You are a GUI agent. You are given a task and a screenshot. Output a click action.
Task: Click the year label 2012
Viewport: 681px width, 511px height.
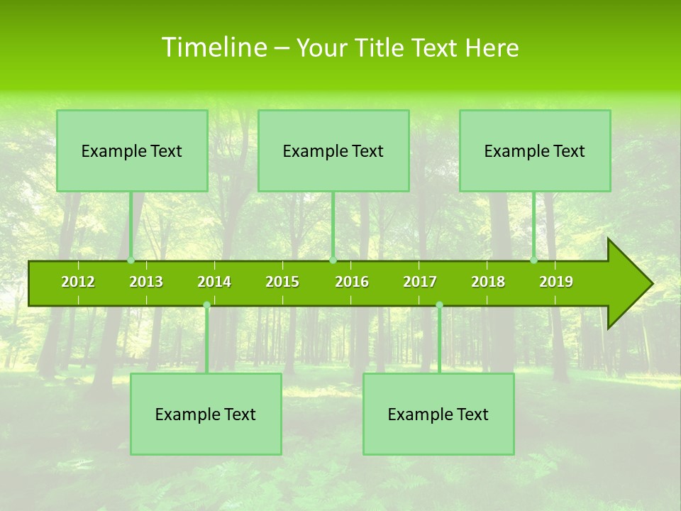78,282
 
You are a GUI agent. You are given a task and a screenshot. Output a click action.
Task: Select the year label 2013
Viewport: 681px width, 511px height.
146,282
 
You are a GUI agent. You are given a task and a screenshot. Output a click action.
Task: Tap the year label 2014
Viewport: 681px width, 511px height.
214,282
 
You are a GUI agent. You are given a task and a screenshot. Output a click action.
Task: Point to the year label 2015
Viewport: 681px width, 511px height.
282,282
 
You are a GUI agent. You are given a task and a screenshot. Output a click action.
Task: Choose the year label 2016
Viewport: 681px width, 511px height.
352,282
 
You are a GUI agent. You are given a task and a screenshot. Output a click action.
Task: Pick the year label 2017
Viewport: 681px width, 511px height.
420,282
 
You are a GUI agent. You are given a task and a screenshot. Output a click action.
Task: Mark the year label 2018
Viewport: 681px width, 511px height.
488,282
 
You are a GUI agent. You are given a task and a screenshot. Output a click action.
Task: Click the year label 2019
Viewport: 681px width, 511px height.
556,282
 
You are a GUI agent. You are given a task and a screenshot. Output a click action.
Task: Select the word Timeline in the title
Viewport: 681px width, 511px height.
214,48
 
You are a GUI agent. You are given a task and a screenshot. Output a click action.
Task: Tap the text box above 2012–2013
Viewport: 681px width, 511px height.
132,150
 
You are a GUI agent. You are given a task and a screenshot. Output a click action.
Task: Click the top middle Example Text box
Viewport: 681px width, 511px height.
333,150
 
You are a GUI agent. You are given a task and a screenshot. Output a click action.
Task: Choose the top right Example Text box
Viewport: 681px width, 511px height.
535,150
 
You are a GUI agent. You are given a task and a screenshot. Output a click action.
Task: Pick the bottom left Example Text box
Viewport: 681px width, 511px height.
206,414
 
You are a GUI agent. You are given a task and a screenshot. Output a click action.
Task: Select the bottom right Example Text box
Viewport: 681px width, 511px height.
438,414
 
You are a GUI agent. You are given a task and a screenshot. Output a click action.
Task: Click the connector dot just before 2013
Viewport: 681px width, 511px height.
131,260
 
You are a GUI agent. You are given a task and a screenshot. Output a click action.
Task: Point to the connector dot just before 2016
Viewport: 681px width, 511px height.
333,260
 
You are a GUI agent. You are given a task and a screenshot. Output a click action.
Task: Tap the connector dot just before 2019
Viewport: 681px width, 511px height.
534,260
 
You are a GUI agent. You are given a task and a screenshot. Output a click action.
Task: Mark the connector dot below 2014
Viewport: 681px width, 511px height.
206,305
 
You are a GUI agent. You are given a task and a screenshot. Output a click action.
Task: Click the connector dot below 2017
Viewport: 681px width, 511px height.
439,305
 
